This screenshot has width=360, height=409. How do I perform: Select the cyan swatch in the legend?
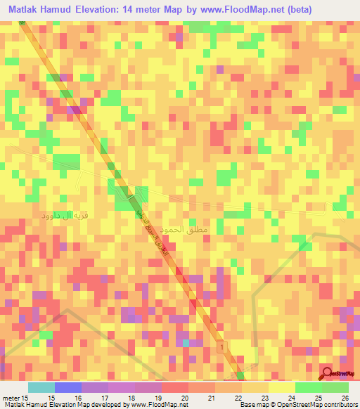[41, 387]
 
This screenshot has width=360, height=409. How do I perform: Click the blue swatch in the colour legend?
[68, 387]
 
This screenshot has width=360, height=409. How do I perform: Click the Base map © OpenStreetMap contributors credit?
[298, 404]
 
